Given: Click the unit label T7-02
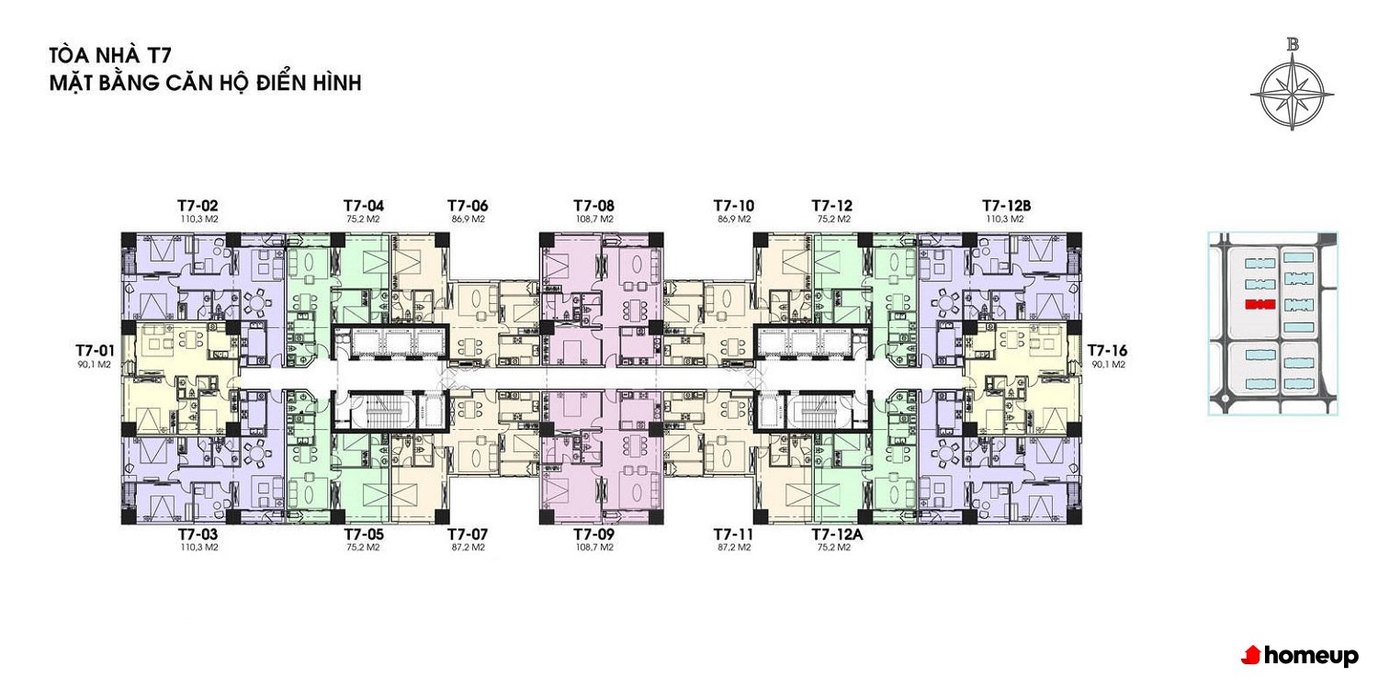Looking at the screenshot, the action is (198, 206).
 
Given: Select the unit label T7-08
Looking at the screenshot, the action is (593, 206).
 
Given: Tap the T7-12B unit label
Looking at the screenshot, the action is (1007, 206).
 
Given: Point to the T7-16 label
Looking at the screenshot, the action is (1107, 351).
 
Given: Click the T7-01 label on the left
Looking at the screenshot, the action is (95, 351).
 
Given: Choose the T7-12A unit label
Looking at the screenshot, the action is (837, 535).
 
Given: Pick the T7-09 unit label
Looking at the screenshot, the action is (593, 535).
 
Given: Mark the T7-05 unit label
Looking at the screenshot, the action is (364, 535).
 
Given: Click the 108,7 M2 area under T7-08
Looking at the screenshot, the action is (594, 219).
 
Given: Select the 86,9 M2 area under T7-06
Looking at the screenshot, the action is (469, 219).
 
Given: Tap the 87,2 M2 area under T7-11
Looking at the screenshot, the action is (734, 547).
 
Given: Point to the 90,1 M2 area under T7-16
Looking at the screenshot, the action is (1108, 364).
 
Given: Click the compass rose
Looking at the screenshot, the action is (1292, 96).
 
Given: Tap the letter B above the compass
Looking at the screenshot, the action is (1293, 44).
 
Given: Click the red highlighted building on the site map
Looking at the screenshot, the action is (1259, 304).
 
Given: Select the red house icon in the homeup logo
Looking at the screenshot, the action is (1251, 655).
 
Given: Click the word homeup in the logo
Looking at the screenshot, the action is (1311, 657).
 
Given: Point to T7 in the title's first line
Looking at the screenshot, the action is (158, 55).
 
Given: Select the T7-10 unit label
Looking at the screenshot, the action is (733, 206).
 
